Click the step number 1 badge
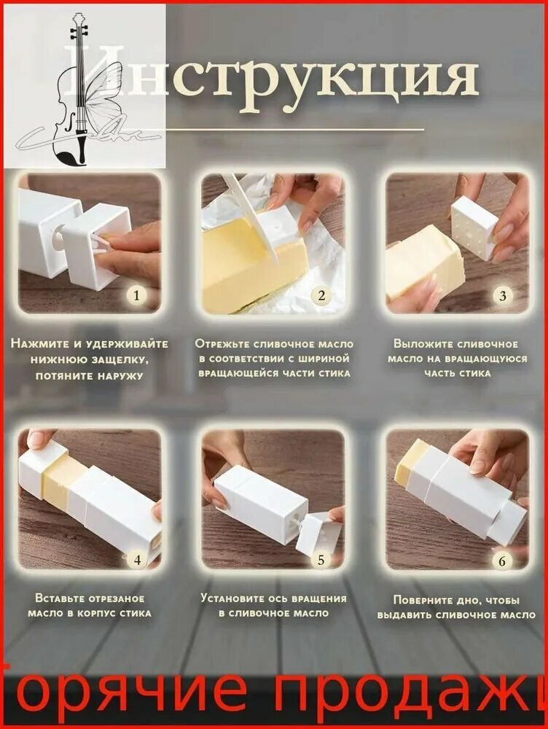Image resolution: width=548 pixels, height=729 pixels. click(136, 295)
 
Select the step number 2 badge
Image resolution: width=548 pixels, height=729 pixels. click(321, 295)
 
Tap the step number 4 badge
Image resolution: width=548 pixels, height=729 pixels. click(137, 560)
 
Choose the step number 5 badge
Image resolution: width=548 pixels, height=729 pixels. click(321, 560)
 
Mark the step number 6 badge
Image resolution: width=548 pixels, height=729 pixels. click(502, 561)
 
